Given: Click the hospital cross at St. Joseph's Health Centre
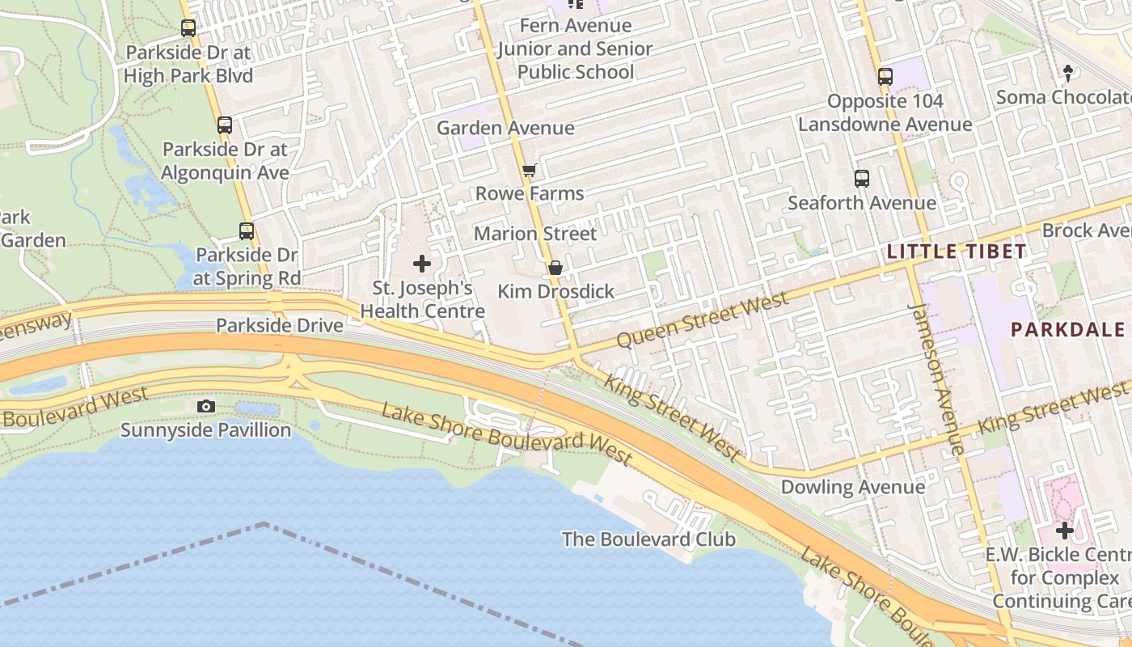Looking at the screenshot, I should (422, 264).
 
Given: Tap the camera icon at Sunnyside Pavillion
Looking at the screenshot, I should (206, 406).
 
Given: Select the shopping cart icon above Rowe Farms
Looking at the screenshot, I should (529, 170).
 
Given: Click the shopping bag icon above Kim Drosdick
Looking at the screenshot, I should (555, 268).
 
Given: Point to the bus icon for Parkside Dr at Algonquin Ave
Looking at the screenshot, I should (225, 125).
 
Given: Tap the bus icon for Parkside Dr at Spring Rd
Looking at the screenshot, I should (247, 231).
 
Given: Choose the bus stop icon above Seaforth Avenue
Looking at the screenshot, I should (862, 179).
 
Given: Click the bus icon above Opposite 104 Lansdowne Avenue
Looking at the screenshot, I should (885, 77).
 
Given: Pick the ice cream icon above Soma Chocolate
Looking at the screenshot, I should (1068, 74).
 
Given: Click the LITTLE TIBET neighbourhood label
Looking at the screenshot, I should (957, 252).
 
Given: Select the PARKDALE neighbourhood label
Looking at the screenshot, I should (1068, 329).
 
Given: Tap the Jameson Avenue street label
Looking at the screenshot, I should (936, 378).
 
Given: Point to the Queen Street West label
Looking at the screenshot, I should (702, 320).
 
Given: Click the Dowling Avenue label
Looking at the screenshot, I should (852, 487).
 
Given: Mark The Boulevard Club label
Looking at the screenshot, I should (648, 539).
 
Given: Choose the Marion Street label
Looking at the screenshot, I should (535, 234).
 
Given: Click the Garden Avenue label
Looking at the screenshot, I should (505, 128).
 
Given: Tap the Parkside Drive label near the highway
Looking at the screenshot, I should (279, 325).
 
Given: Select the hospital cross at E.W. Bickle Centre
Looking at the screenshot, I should (1065, 531).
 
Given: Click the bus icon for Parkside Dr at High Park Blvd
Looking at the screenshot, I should (188, 28).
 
